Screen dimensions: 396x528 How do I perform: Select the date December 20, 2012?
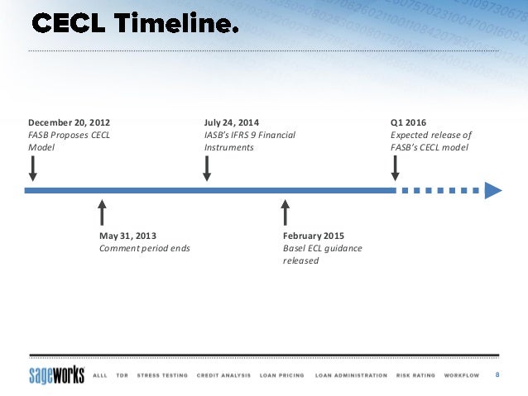(x=70, y=122)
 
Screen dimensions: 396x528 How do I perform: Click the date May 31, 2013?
(x=127, y=236)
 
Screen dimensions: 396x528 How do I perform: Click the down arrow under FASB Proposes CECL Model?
(x=32, y=169)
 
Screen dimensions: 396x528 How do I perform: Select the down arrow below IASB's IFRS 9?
(x=207, y=169)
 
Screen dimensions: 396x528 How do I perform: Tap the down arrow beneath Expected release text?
(x=395, y=169)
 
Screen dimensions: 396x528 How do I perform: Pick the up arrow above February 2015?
(x=286, y=212)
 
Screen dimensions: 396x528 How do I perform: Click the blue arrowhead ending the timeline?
(x=493, y=190)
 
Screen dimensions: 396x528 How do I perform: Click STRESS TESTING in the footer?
(x=162, y=375)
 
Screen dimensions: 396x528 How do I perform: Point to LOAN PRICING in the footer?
(x=282, y=375)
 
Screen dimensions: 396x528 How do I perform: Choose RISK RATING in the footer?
(x=415, y=375)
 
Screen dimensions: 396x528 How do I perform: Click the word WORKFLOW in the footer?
(x=462, y=375)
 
